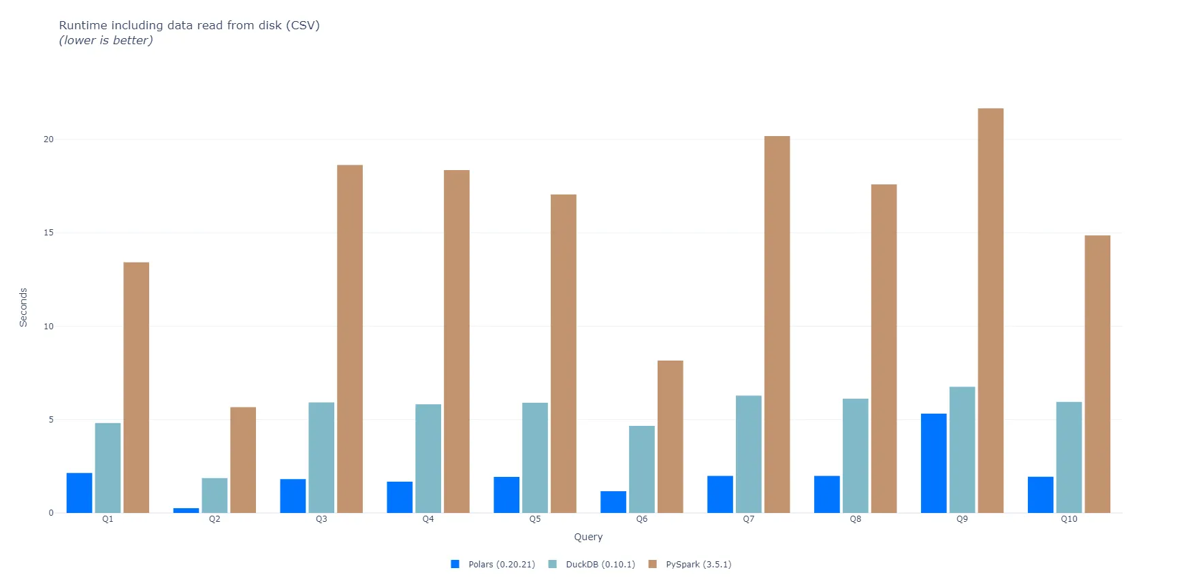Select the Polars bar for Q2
tap(186, 510)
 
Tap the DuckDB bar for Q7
tap(748, 454)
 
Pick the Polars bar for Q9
tap(933, 463)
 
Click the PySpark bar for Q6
tap(670, 436)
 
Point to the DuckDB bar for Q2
tap(214, 495)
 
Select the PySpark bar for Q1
tap(136, 387)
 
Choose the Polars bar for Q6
tap(613, 502)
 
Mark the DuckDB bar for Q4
tap(428, 458)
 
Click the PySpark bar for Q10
tap(1097, 373)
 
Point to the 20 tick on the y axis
tap(48, 139)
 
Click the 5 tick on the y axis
tap(51, 420)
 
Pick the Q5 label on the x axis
tap(535, 519)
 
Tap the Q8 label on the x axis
tap(855, 519)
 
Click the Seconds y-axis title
tap(23, 308)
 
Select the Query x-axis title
tap(588, 537)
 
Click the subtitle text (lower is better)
tap(106, 41)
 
